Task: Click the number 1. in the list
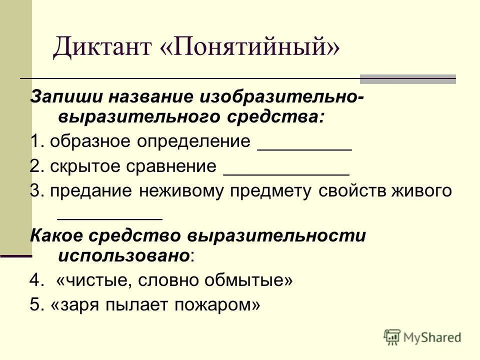coord(36,141)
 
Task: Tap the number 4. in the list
coord(36,280)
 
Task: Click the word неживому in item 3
coord(180,192)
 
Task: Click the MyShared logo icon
coord(392,337)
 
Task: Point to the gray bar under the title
coord(408,78)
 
